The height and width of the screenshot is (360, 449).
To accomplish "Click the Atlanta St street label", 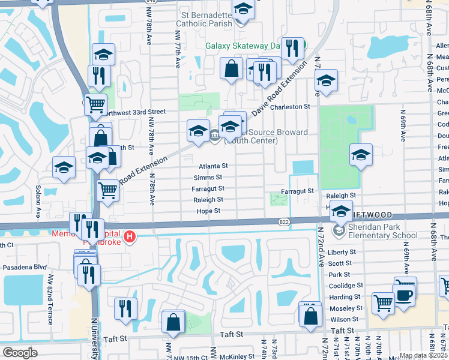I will (214, 166).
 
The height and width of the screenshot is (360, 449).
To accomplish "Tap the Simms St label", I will (208, 177).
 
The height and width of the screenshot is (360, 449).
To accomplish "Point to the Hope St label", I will (209, 211).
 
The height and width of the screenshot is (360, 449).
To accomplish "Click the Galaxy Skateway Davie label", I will (243, 46).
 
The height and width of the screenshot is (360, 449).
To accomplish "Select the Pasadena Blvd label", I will (25, 266).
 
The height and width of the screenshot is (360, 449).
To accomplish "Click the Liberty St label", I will (342, 253).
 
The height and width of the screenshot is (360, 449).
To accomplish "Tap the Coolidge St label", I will (345, 286).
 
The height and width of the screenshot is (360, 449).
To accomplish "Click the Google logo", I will (20, 353).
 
